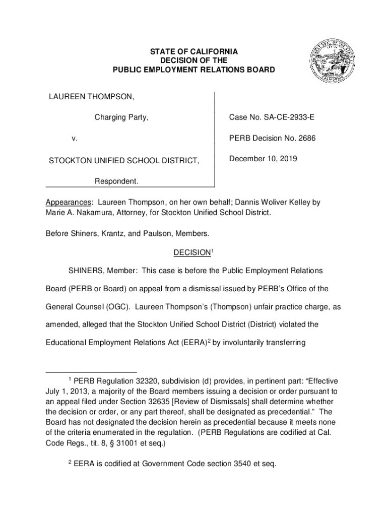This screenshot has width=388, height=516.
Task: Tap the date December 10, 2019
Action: coord(263,159)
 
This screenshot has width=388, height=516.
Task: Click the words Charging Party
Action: coord(121,117)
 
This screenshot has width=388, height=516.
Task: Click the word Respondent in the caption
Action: coord(117,181)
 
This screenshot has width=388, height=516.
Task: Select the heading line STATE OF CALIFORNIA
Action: coord(193,52)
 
